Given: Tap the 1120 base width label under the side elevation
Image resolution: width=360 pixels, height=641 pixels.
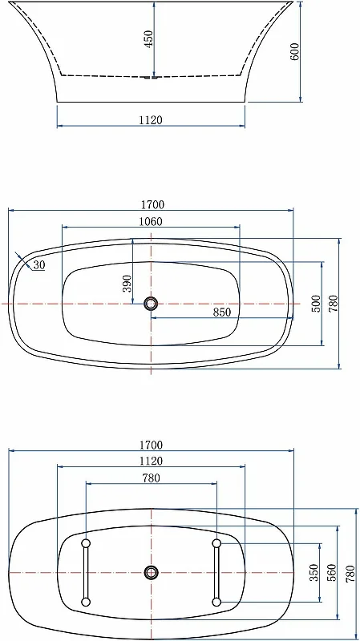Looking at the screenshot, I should point(151,120).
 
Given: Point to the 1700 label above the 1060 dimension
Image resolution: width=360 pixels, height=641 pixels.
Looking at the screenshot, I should point(151,204).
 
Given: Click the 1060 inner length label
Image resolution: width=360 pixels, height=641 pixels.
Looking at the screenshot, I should point(151,222).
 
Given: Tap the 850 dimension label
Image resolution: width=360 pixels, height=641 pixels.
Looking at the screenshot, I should point(223,312).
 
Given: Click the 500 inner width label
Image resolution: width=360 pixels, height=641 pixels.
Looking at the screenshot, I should point(315,304).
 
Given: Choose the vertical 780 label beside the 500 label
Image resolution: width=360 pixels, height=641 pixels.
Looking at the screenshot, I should point(334,304).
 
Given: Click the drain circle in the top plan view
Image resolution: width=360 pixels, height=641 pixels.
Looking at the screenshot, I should point(151,304).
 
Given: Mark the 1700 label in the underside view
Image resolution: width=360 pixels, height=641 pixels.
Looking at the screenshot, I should point(151,445).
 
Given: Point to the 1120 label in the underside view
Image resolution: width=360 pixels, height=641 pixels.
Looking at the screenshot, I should point(151,461).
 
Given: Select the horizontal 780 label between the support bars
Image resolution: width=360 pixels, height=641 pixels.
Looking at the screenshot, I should point(151,478).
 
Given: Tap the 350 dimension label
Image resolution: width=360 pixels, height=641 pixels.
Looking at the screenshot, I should point(314,572).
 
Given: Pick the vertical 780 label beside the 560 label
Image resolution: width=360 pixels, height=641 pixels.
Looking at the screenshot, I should point(350,572).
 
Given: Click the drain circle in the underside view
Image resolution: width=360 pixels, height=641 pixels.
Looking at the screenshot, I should point(151,572).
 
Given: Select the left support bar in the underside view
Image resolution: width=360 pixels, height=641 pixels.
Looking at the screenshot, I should point(86,572).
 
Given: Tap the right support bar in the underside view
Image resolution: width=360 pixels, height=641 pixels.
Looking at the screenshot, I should point(216,572).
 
